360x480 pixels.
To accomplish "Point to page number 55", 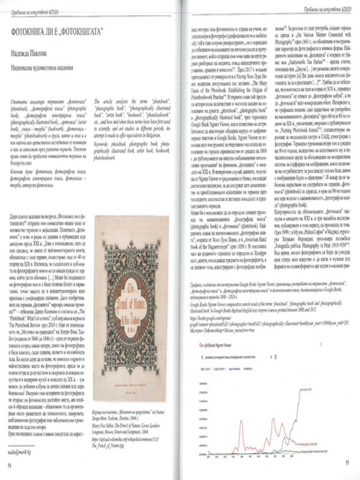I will point(347,462).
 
